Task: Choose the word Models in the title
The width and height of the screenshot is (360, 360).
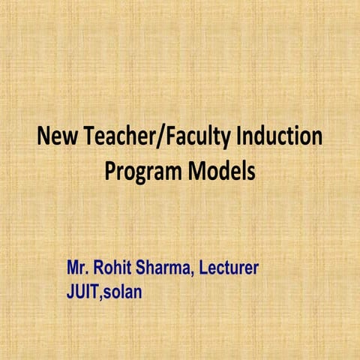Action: point(221,169)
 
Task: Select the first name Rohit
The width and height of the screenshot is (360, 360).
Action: point(114,268)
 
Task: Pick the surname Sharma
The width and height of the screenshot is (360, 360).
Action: point(165,268)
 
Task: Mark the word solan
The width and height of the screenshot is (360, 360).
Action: point(122,289)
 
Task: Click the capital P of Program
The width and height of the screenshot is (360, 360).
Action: point(110,169)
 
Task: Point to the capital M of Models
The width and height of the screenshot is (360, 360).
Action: point(193,169)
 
